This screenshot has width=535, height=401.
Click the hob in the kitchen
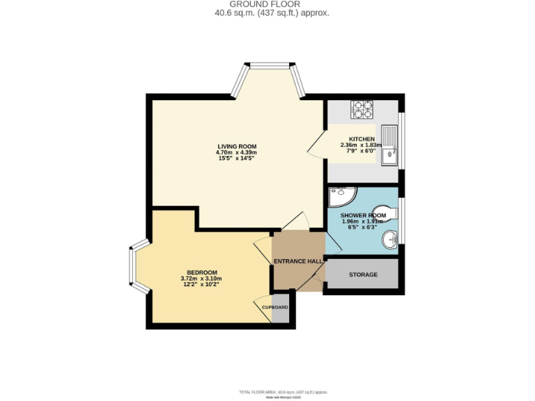pyautogui.click(x=362, y=109)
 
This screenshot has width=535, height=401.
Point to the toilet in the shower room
pyautogui.click(x=391, y=212)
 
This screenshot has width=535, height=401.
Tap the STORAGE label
pyautogui.click(x=363, y=275)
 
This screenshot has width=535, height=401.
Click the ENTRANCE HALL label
pyautogui.click(x=297, y=261)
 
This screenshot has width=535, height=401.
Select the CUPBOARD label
pyautogui.click(x=274, y=307)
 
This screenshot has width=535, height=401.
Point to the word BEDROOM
pyautogui.click(x=202, y=272)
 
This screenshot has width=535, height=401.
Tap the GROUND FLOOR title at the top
pyautogui.click(x=270, y=4)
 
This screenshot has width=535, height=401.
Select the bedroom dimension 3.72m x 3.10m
pyautogui.click(x=202, y=278)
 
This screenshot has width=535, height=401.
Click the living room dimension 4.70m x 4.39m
pyautogui.click(x=236, y=152)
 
